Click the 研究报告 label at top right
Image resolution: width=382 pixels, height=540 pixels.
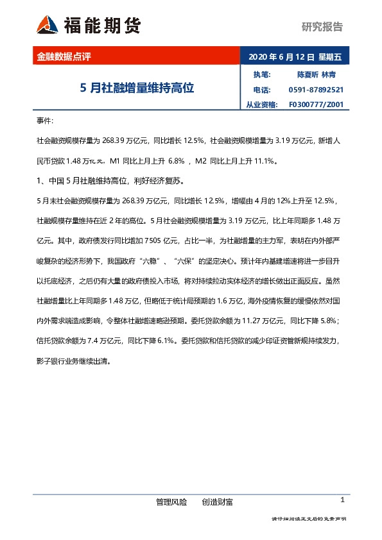[322, 27]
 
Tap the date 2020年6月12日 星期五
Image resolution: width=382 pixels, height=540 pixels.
[295, 56]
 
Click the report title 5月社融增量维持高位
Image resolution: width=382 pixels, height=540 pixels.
[137, 88]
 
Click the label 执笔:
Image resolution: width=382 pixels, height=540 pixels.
[262, 74]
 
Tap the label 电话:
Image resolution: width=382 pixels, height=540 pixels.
[262, 90]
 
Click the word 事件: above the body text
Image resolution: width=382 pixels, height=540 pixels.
[46, 121]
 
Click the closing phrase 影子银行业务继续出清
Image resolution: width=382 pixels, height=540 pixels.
[74, 361]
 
